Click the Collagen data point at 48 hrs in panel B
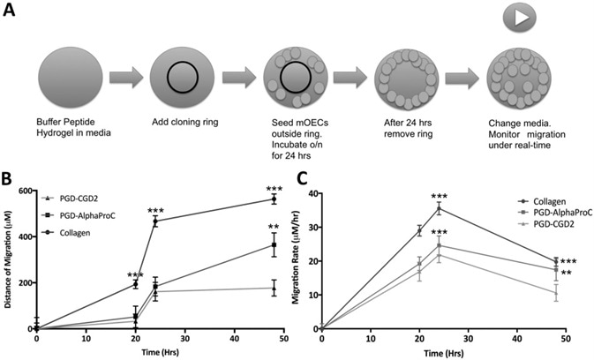[274, 199]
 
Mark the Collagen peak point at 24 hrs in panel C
[439, 208]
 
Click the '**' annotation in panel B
[274, 228]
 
